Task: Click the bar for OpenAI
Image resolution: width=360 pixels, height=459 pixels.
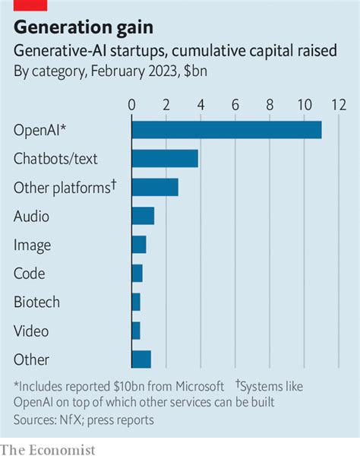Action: pos(226,129)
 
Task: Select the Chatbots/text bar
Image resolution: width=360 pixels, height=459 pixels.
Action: pos(165,158)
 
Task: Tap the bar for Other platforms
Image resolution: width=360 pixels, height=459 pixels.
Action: pos(155,187)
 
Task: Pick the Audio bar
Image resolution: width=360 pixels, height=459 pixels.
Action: pos(143,216)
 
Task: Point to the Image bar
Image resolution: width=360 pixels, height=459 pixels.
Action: pos(139,245)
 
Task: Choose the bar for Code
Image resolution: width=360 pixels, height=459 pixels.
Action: pos(137,274)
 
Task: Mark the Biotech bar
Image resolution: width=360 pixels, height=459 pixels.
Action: pos(136,302)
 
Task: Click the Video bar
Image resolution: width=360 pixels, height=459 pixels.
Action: pos(136,331)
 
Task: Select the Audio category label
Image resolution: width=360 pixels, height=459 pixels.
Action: pos(31,217)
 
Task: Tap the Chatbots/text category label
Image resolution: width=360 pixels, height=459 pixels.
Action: pos(55,159)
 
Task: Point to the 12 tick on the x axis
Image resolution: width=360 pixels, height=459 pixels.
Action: pos(339,104)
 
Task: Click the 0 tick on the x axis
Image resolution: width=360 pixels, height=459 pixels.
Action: pos(132,104)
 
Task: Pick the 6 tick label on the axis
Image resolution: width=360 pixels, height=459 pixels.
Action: pos(235,104)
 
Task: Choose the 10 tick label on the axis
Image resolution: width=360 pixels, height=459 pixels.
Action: pos(305,104)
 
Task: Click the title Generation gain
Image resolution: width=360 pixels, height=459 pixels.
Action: pos(84,28)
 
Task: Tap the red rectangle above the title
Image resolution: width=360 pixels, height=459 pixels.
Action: pos(30,5)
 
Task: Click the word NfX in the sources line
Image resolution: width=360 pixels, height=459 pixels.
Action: pos(70,419)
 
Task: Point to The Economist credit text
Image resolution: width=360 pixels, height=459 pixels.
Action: pos(48,449)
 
